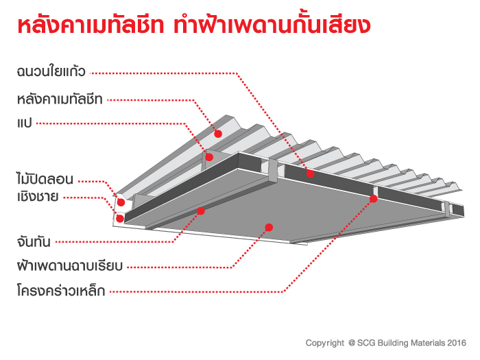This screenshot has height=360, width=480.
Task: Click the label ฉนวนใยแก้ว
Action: coord(50,71)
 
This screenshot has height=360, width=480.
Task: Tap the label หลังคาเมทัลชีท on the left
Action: coord(60,99)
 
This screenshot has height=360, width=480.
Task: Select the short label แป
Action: coord(23,123)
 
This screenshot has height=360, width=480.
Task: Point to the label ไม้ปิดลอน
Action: coord(44,180)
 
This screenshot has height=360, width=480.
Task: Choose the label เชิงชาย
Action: coord(37,197)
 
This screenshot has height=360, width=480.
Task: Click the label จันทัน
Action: coord(32,241)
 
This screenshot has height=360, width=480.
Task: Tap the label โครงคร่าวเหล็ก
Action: coord(60,290)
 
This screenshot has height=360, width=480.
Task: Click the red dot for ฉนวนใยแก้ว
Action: coord(310,174)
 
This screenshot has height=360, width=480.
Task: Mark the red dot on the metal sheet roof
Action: coord(219,133)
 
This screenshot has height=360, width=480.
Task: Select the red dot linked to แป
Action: coord(209,157)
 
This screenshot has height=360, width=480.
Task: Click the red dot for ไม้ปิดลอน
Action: coord(121,202)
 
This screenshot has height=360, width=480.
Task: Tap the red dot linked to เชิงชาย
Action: coord(120,219)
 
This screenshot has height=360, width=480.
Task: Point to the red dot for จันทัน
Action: coord(201,211)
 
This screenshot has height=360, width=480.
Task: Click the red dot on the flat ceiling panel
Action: coord(269,227)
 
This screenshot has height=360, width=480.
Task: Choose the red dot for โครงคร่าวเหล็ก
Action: coord(374,199)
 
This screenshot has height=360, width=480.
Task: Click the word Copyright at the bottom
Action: coord(325,342)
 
